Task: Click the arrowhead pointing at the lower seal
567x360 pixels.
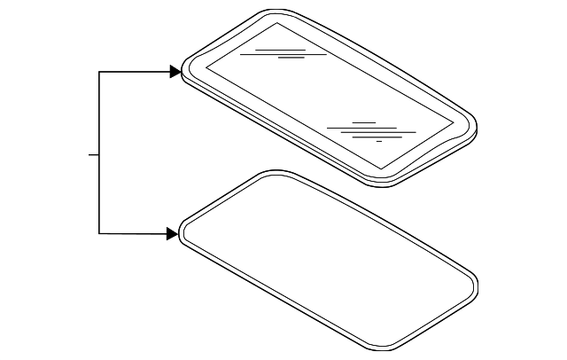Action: click(x=172, y=234)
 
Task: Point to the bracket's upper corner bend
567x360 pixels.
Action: click(x=99, y=72)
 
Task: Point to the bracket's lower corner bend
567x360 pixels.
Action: click(x=99, y=233)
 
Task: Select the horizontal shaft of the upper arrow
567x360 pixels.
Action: click(x=133, y=72)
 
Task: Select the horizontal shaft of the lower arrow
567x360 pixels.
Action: click(x=133, y=233)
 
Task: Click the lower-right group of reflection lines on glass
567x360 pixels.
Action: click(x=370, y=130)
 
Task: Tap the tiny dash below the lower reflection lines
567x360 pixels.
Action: click(x=379, y=141)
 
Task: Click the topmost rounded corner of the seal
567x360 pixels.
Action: click(x=270, y=173)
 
